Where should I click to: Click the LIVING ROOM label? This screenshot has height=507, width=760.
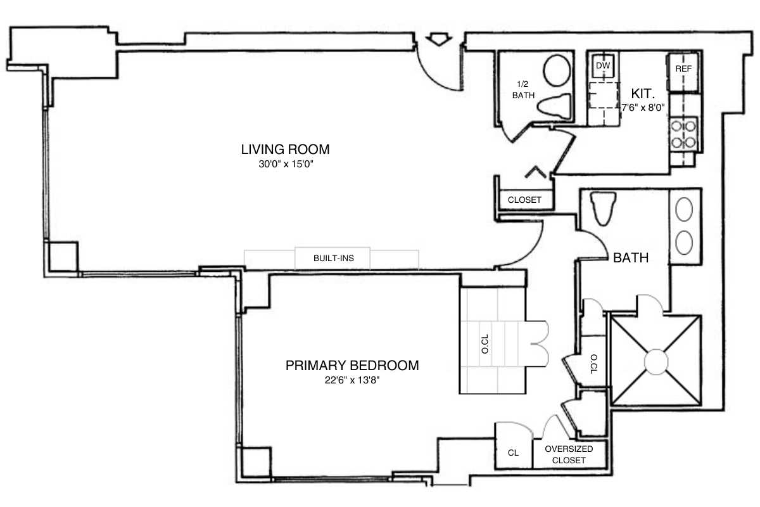pos(285,150)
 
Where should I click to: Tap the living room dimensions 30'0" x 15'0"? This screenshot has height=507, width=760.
pos(285,164)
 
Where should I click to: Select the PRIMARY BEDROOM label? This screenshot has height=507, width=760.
pos(351,366)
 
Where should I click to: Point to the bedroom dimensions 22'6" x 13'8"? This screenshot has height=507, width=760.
pos(351,380)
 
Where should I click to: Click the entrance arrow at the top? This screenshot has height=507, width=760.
pos(438,40)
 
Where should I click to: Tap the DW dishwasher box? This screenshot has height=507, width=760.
pos(602,65)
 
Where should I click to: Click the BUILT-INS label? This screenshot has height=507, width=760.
pos(333,259)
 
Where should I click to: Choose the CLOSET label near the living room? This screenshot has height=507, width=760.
pos(524,200)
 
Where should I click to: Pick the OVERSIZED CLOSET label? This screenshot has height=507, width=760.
pos(569,454)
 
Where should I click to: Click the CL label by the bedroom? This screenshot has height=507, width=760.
pos(513,453)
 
